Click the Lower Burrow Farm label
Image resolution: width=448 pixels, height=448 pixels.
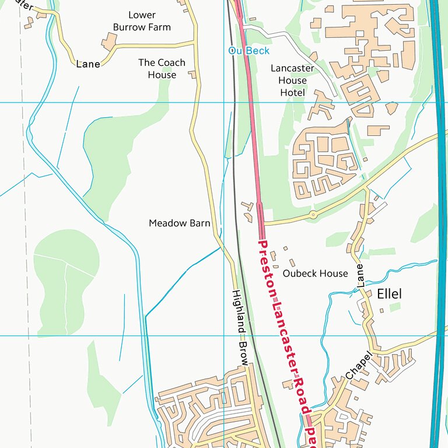tap(142, 21)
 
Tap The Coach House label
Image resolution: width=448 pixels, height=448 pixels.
tap(162, 68)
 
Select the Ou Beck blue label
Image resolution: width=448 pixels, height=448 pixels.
tap(249, 51)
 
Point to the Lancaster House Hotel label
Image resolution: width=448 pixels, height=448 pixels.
tap(292, 80)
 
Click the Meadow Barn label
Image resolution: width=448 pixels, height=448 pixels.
tap(179, 223)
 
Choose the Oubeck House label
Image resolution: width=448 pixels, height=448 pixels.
tap(315, 273)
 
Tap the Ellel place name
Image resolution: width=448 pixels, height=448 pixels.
tap(389, 293)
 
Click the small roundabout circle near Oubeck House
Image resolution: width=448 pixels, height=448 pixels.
tap(313, 215)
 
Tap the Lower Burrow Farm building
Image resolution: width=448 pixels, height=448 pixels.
tap(109, 41)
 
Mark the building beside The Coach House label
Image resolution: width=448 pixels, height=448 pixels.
tap(192, 75)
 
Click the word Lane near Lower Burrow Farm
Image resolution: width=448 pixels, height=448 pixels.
tap(88, 64)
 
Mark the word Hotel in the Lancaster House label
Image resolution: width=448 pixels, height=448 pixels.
tap(292, 93)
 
